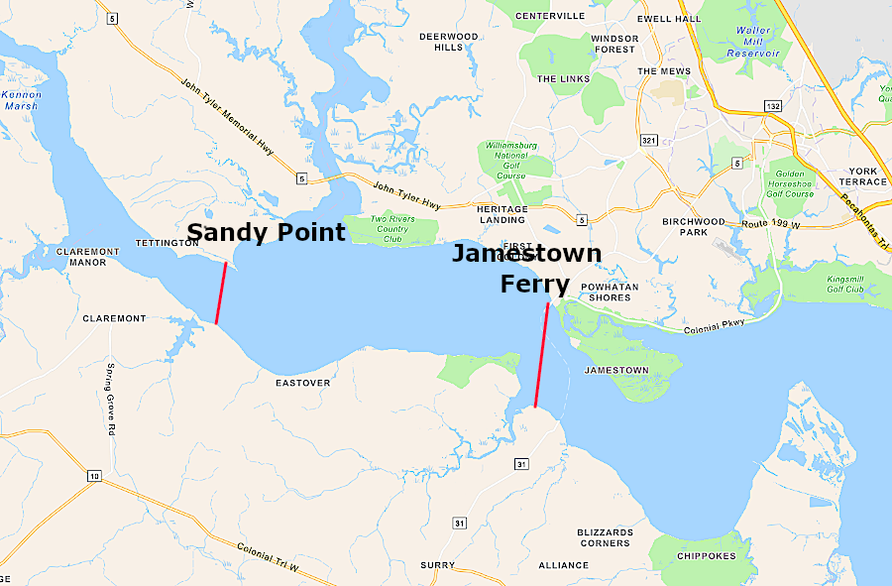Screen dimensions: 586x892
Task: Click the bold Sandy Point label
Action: coord(266,233)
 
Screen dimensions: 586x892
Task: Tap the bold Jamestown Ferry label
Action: coord(526,269)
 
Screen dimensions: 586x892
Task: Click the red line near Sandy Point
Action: coord(221,293)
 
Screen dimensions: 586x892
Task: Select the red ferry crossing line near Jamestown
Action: coord(541,355)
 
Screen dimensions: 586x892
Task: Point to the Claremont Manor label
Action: coord(88,258)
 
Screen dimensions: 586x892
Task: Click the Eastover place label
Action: coord(302,383)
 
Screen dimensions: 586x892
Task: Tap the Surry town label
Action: coord(437,565)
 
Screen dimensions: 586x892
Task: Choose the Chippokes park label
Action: coord(707,556)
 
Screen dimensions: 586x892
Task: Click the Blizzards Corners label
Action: coord(605,537)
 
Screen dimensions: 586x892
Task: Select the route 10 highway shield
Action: coord(93,477)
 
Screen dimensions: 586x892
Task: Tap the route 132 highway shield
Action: coord(773,104)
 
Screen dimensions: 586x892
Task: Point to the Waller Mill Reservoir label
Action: coord(753,42)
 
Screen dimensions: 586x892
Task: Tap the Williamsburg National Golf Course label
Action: coord(510,161)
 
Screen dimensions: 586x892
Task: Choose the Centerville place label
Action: coord(548,16)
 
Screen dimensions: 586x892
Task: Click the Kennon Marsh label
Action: coord(21,100)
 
